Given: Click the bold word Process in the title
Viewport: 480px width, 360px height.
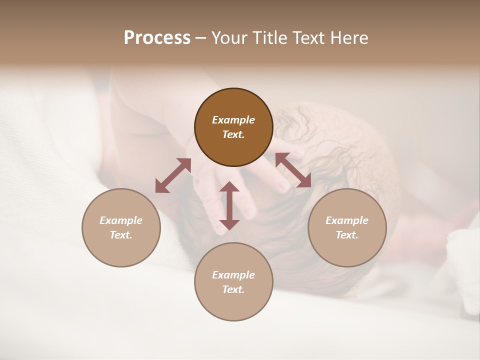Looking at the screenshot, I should pos(157,38).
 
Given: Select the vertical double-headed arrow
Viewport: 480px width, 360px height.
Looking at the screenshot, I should pos(229,205).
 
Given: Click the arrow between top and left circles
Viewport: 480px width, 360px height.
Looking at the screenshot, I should pos(173,175).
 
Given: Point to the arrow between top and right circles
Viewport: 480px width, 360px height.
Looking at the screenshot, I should pos(293,170).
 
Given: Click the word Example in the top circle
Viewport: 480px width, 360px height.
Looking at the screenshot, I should pos(233,120).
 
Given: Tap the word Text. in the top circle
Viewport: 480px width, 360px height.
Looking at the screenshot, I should pos(233,134).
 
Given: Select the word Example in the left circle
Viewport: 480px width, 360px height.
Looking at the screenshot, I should pos(121,220).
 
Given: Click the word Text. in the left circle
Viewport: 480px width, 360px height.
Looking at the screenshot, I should pos(121,235).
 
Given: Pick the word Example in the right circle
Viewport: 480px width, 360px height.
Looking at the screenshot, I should pos(347,220).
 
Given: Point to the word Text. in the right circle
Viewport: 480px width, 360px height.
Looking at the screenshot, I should pos(347,235).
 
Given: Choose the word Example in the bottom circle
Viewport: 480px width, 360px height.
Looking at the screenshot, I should pos(233,275).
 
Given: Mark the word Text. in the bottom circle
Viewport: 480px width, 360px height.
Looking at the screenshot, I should pos(233,289).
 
